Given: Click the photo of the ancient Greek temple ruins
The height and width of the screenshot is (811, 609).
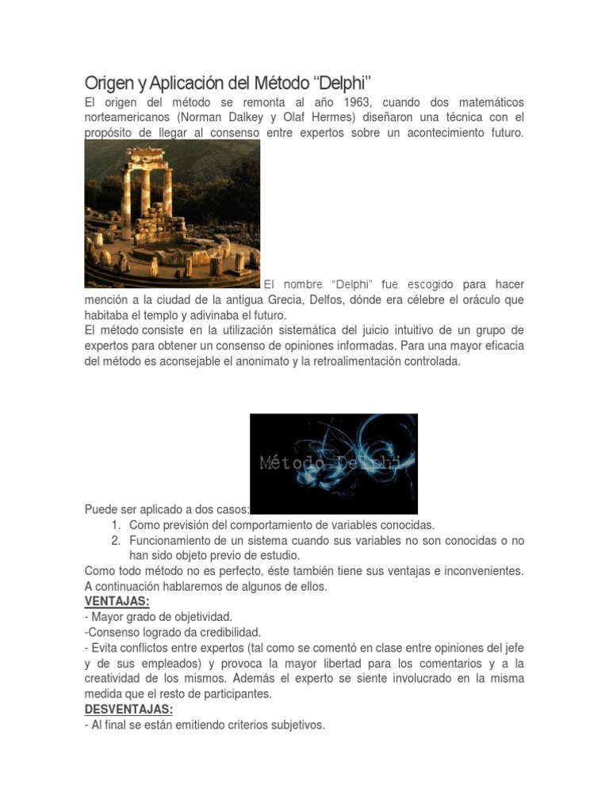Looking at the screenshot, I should click(172, 213).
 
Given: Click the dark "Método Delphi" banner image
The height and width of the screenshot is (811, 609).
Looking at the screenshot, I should click(334, 463).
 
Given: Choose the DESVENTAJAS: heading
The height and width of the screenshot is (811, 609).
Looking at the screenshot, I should click(128, 710).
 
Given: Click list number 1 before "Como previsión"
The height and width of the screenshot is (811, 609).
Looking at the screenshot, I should click(116, 525).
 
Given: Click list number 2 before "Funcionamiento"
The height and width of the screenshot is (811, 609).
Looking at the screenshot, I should click(116, 540).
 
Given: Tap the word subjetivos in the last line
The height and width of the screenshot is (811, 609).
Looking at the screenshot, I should click(297, 725).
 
